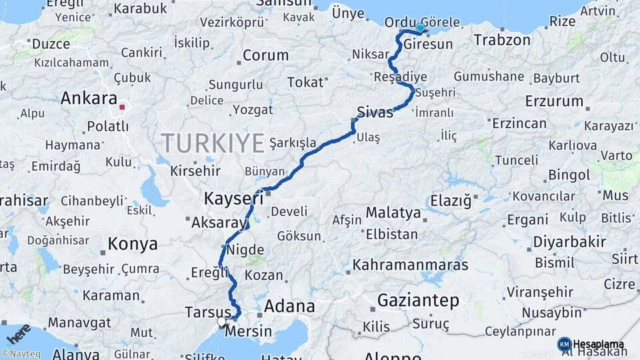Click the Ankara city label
tap(89, 99)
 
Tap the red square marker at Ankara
tap(121, 106)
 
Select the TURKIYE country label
tap(213, 143)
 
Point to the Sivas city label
tap(375, 112)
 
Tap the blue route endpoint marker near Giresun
tap(421, 28)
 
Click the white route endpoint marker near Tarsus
tap(221, 322)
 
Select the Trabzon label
tap(502, 41)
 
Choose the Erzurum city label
tap(554, 102)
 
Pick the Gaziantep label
tap(418, 301)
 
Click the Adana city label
tap(289, 307)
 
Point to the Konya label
tap(133, 244)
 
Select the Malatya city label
tap(393, 214)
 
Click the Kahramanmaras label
tap(410, 265)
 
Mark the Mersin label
tap(248, 331)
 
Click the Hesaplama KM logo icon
tap(565, 343)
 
